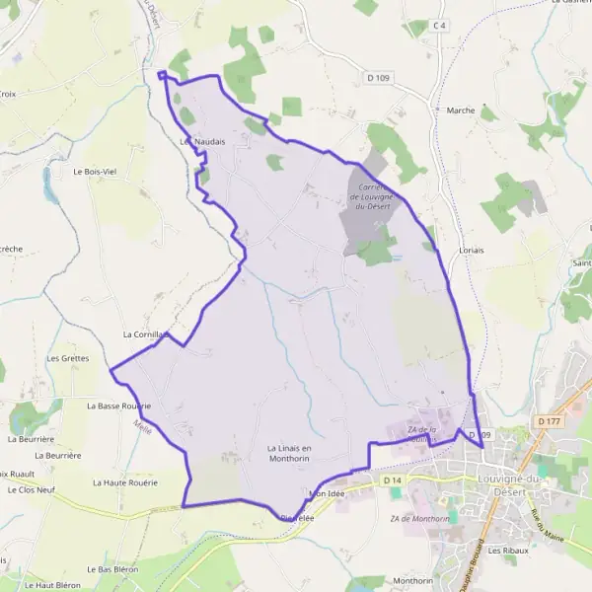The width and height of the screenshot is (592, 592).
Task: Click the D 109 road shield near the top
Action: click(x=377, y=78)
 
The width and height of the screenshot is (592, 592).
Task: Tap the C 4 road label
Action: click(x=439, y=51)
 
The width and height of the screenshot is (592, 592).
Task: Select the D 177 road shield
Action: click(x=550, y=421)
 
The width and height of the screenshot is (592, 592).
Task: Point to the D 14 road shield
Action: click(x=392, y=480)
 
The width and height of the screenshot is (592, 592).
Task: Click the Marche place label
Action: click(x=460, y=111)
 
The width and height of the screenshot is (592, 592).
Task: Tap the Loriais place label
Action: click(x=472, y=251)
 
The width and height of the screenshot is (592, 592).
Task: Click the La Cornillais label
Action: click(x=146, y=334)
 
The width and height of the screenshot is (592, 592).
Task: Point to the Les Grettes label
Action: click(x=68, y=358)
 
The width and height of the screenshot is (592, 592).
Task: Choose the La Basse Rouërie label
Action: click(x=118, y=406)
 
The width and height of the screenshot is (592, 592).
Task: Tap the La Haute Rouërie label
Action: click(x=124, y=482)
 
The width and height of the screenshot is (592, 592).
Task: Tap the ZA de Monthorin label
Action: click(x=419, y=518)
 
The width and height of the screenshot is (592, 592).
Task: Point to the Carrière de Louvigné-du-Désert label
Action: click(x=371, y=195)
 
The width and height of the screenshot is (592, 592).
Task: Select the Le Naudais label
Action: click(x=202, y=142)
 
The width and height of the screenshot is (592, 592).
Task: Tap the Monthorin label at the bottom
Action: click(x=412, y=581)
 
